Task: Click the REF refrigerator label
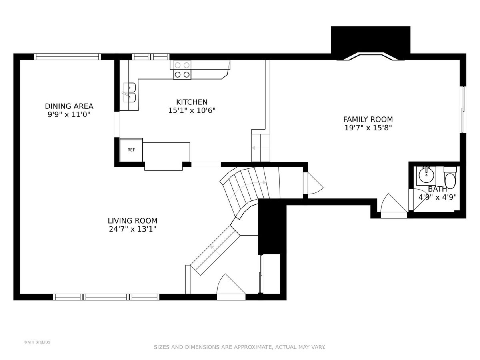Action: coord(131,150)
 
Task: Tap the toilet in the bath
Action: coord(450,178)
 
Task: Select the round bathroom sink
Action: coord(426,175)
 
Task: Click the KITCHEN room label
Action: coord(192,102)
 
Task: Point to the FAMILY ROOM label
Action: coord(368,119)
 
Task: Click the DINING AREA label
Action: coord(69,106)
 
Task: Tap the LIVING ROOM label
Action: coord(132,221)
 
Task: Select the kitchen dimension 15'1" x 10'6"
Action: coord(192,110)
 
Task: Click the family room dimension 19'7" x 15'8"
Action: coord(368,128)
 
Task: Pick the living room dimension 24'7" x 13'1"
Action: coord(132,229)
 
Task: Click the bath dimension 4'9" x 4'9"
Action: coord(437,197)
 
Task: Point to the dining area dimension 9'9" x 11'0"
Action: coord(69,114)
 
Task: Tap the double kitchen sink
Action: coord(130,92)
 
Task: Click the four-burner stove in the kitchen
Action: coord(182,70)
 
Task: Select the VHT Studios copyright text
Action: coord(37,342)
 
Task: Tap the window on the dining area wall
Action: coord(67,57)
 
